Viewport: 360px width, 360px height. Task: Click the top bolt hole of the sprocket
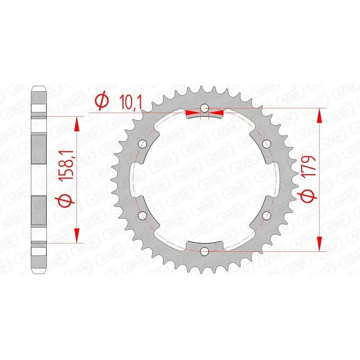pyautogui.click(x=205, y=108)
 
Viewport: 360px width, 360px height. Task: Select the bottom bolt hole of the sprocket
pyautogui.click(x=205, y=251)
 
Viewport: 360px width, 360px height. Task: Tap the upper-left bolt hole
pyautogui.click(x=143, y=144)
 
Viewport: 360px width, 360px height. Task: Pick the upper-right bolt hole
pyautogui.click(x=266, y=144)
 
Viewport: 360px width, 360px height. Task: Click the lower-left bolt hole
pyautogui.click(x=143, y=215)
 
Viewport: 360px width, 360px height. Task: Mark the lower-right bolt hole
pyautogui.click(x=266, y=215)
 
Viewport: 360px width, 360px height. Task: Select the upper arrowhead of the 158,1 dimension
pyautogui.click(x=77, y=123)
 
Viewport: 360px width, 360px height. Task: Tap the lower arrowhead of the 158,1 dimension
pyautogui.click(x=77, y=235)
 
